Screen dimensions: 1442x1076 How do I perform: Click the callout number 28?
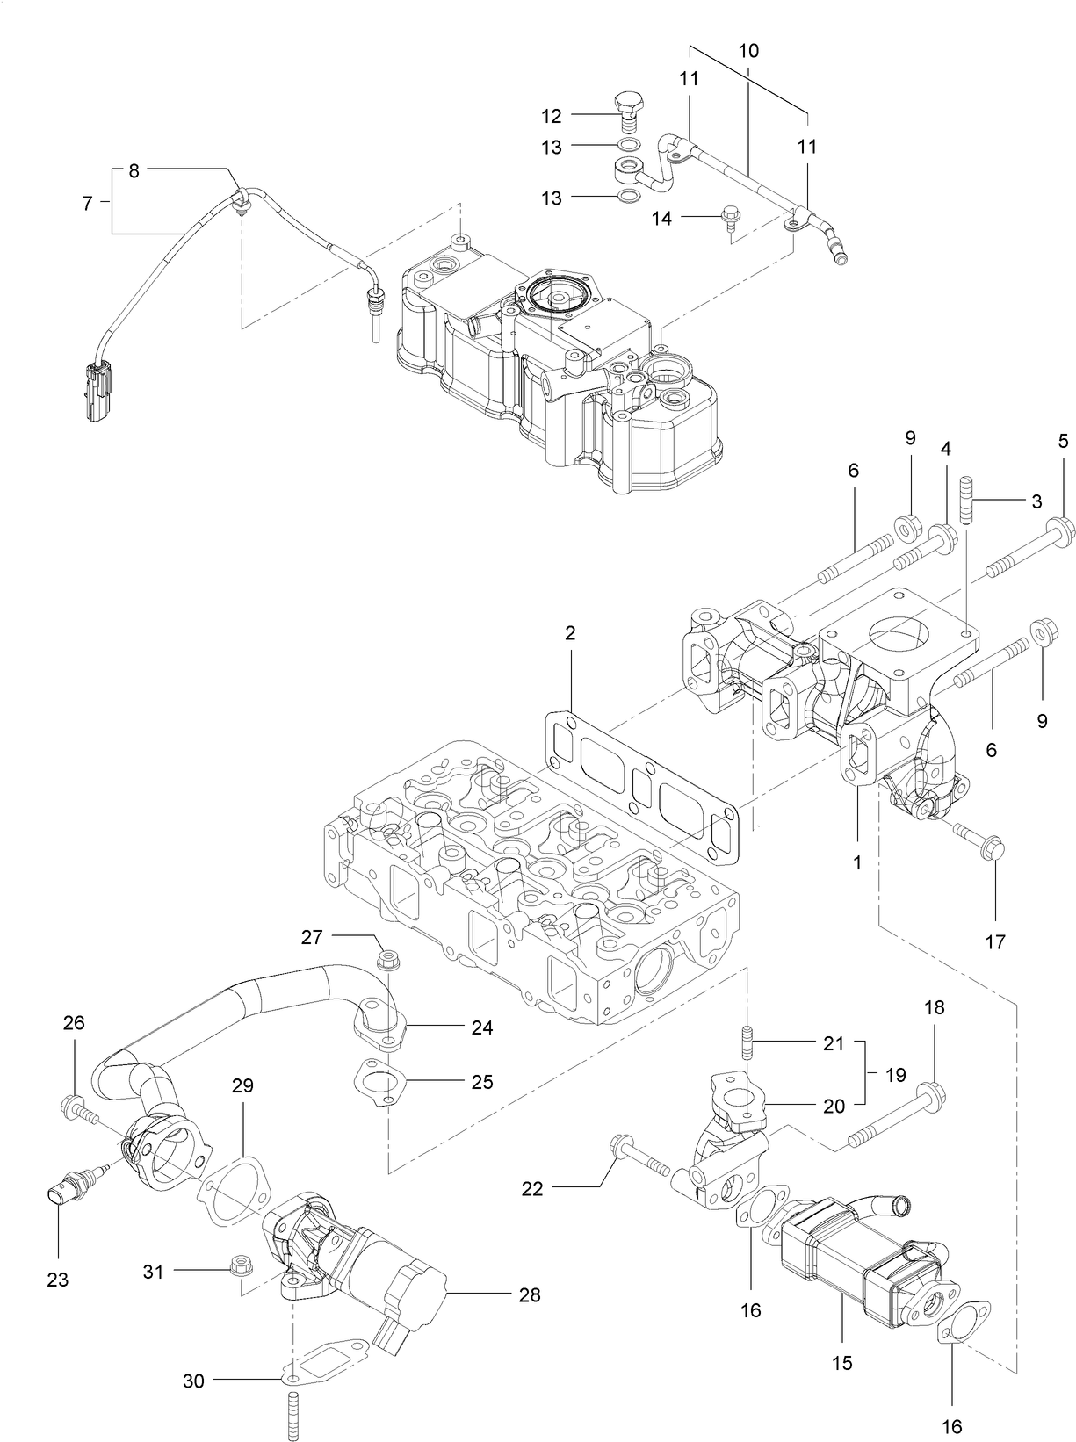529,1294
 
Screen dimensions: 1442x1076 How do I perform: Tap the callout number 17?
994,942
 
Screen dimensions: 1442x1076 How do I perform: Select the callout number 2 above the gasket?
570,633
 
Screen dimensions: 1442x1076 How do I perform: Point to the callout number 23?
57,1280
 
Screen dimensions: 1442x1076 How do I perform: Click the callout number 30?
193,1381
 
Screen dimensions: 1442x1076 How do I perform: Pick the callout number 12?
551,115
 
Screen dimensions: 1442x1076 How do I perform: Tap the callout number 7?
87,203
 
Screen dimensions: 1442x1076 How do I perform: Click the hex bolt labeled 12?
626,110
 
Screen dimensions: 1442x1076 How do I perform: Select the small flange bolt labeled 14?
728,216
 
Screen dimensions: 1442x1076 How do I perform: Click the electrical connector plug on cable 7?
95,391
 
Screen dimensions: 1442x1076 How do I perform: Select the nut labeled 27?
385,961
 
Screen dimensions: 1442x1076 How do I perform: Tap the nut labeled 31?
237,1266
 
